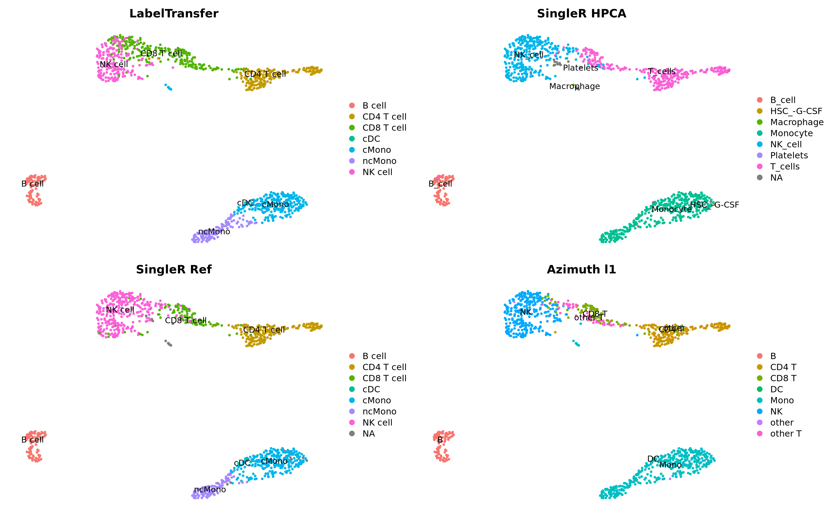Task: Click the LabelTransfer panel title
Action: (174, 14)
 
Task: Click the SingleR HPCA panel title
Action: (581, 14)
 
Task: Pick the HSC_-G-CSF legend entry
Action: (796, 111)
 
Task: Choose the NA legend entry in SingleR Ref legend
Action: (368, 434)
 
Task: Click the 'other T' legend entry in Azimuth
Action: (786, 434)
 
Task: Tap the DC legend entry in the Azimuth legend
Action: (777, 389)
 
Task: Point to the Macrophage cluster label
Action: (574, 86)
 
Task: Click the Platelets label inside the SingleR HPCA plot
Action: (580, 68)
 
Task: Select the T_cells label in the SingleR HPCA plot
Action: (662, 71)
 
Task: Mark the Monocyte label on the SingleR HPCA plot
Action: (671, 209)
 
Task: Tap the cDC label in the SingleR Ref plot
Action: (242, 463)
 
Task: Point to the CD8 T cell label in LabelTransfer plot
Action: (161, 54)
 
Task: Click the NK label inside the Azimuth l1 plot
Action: (526, 312)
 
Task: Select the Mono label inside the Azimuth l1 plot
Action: (671, 465)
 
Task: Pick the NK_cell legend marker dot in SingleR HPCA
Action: (760, 144)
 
